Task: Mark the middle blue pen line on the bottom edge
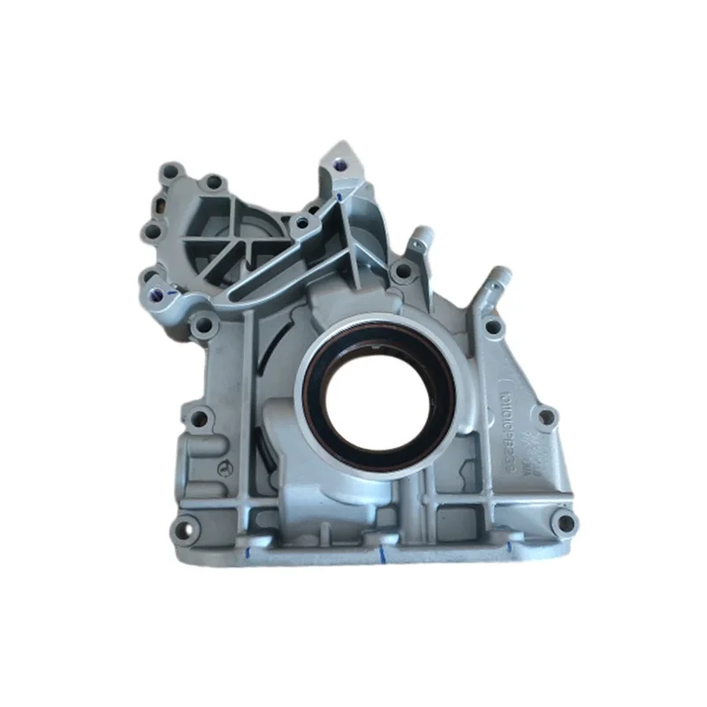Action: click(x=382, y=554)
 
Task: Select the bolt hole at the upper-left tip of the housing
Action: click(x=171, y=172)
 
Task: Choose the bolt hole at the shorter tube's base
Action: click(x=404, y=271)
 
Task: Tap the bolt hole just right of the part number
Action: click(x=547, y=415)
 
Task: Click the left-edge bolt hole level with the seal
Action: click(x=199, y=419)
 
